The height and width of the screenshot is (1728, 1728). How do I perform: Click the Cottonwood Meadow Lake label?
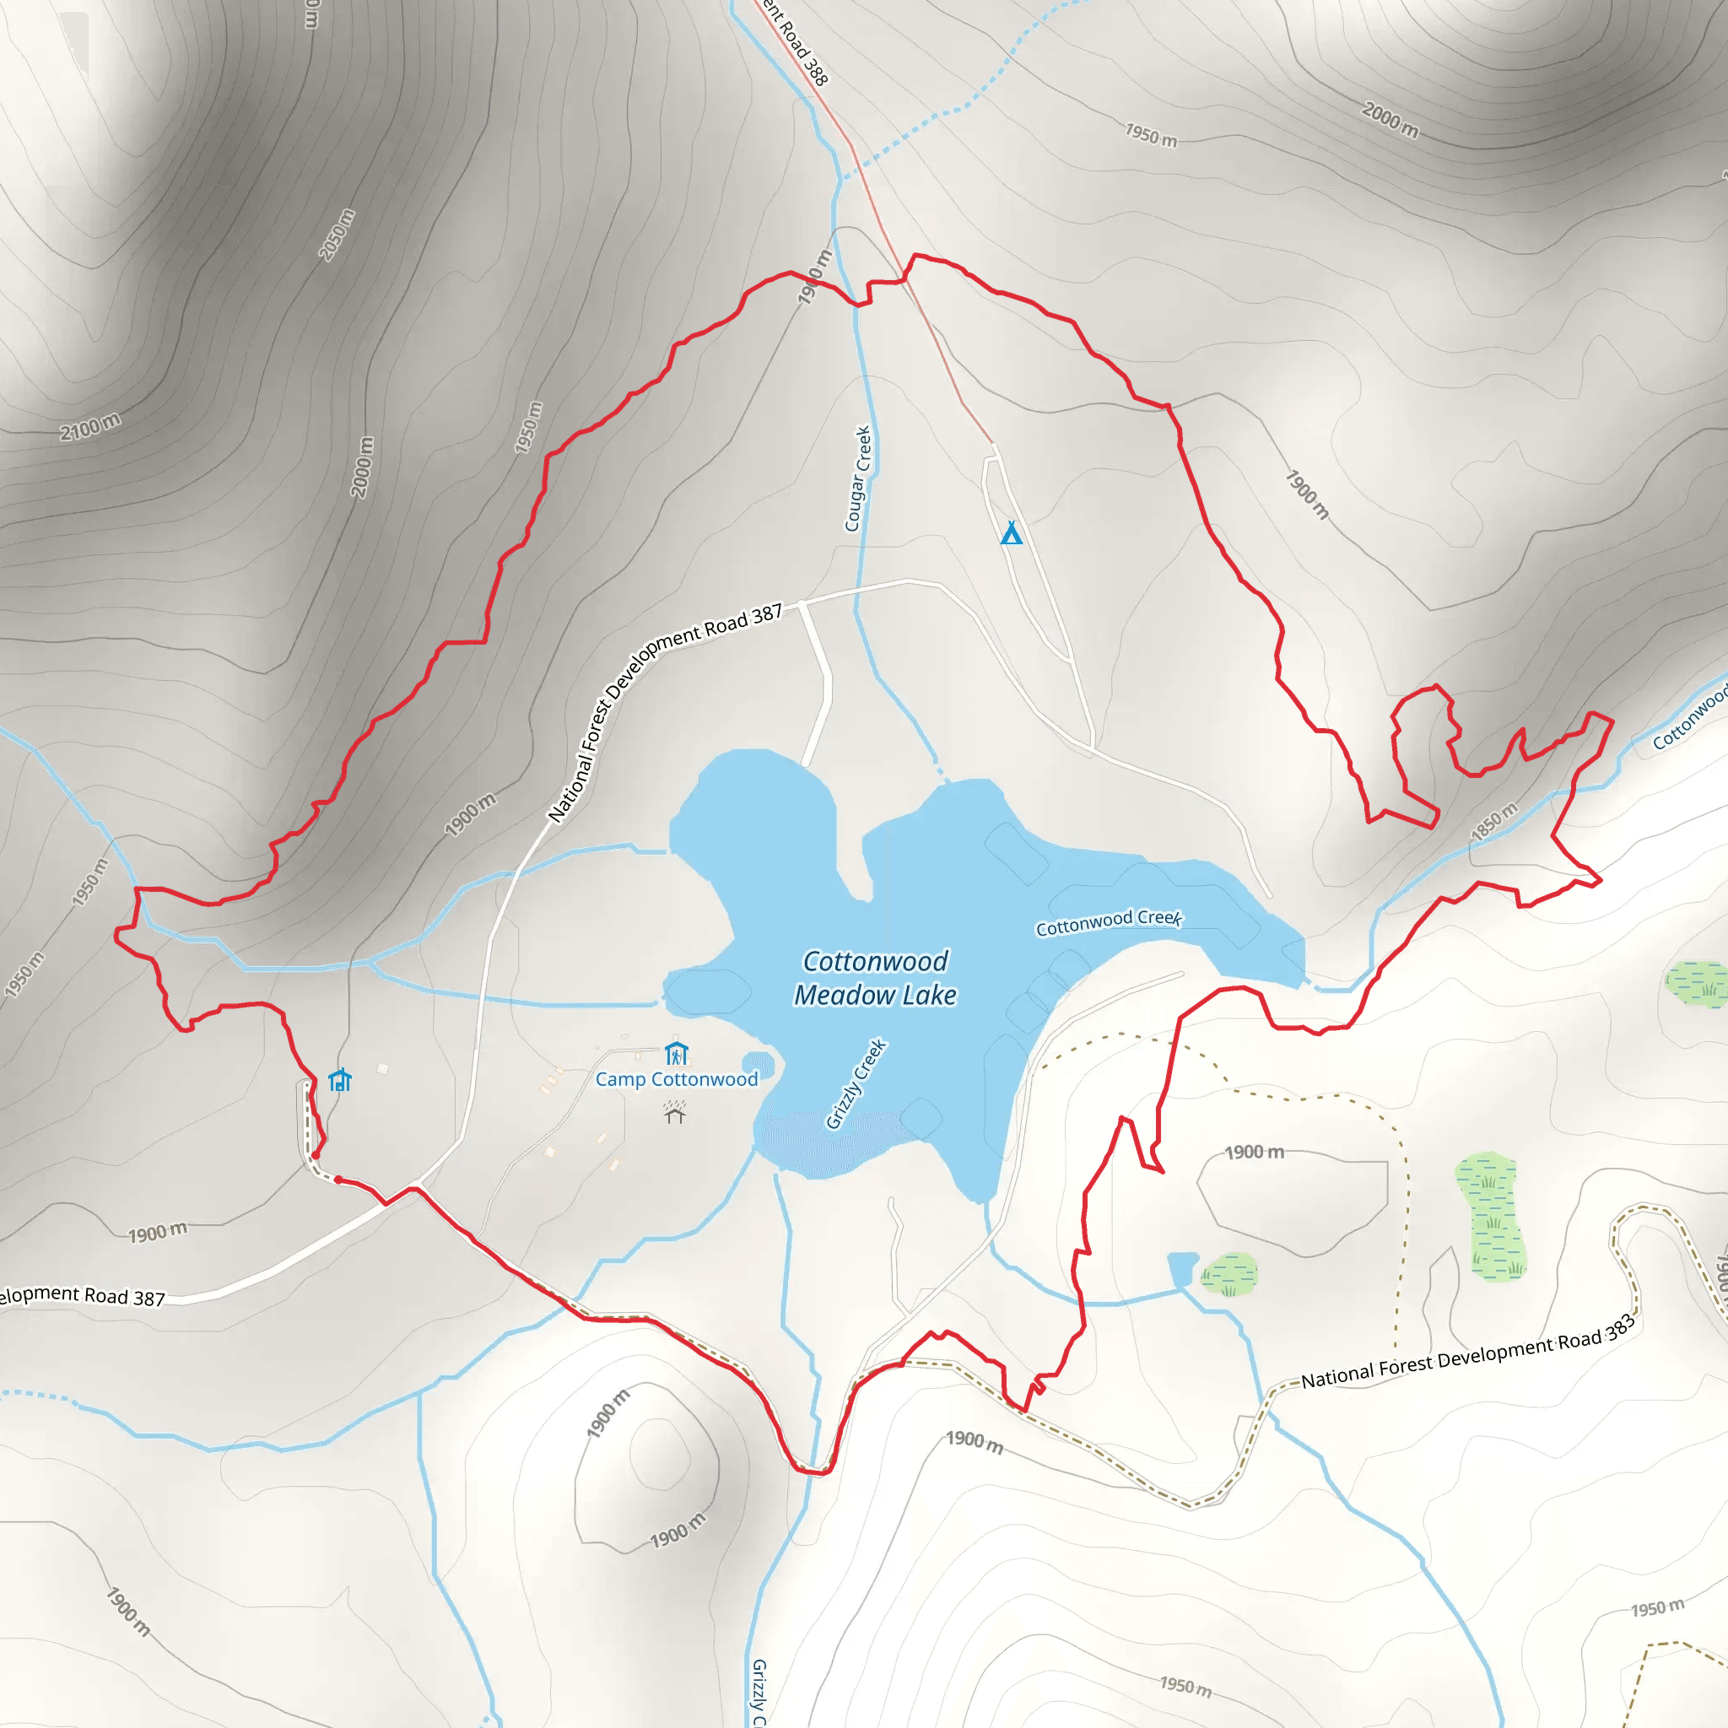875,978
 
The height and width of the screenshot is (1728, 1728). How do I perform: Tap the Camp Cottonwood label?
676,1078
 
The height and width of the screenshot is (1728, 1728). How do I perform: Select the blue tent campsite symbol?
1011,533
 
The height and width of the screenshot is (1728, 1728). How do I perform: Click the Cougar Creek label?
858,478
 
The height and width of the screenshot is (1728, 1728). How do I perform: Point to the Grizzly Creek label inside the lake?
855,1084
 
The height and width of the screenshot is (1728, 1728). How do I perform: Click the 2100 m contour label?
89,428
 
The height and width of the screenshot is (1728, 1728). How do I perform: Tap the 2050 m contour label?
337,235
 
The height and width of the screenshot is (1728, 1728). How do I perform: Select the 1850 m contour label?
1494,821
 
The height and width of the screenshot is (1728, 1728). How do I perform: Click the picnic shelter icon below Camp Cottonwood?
674,1112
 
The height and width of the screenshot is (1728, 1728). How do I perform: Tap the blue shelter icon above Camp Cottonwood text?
676,1053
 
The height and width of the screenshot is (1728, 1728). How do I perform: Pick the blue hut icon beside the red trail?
340,1081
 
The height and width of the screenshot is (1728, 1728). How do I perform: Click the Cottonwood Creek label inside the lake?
1108,922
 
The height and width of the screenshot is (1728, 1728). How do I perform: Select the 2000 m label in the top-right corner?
1389,120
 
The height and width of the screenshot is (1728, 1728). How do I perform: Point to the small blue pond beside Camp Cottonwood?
759,1063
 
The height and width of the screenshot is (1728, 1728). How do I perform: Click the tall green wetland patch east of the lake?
1490,1216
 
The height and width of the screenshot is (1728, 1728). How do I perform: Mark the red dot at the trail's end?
316,1156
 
